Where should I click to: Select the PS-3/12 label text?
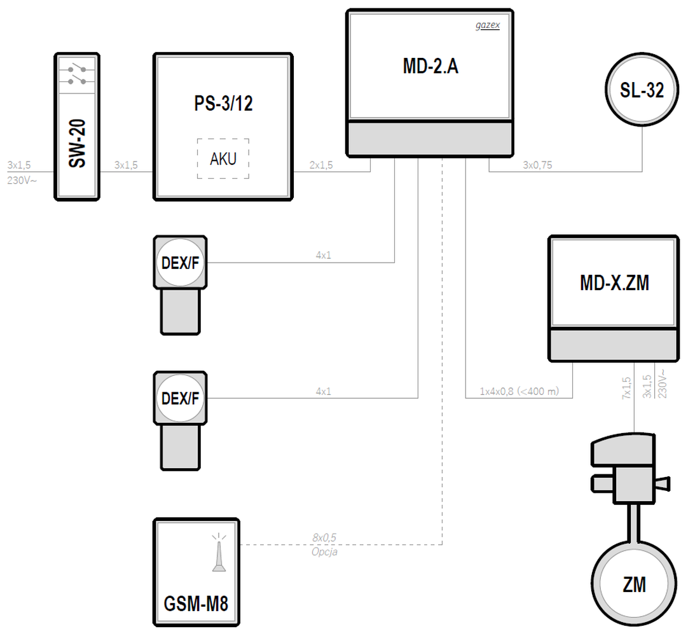pos(223,104)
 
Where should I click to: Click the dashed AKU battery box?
pos(223,158)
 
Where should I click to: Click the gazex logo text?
pos(487,25)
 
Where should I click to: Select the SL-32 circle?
pos(642,91)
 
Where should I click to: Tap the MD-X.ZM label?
pos(614,283)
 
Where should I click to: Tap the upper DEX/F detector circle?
pos(181,262)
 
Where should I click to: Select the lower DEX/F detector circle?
pos(181,399)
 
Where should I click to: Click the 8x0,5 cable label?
pos(324,538)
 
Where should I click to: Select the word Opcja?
pos(324,552)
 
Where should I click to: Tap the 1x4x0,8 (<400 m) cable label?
pos(519,392)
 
